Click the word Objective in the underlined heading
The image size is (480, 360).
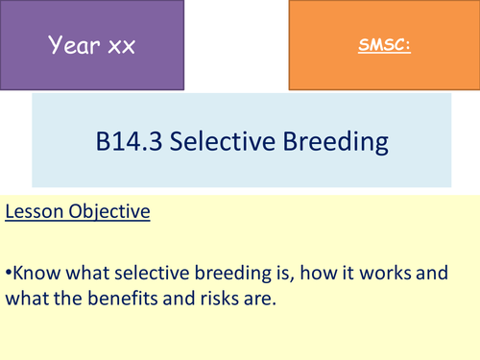(x=110, y=210)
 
